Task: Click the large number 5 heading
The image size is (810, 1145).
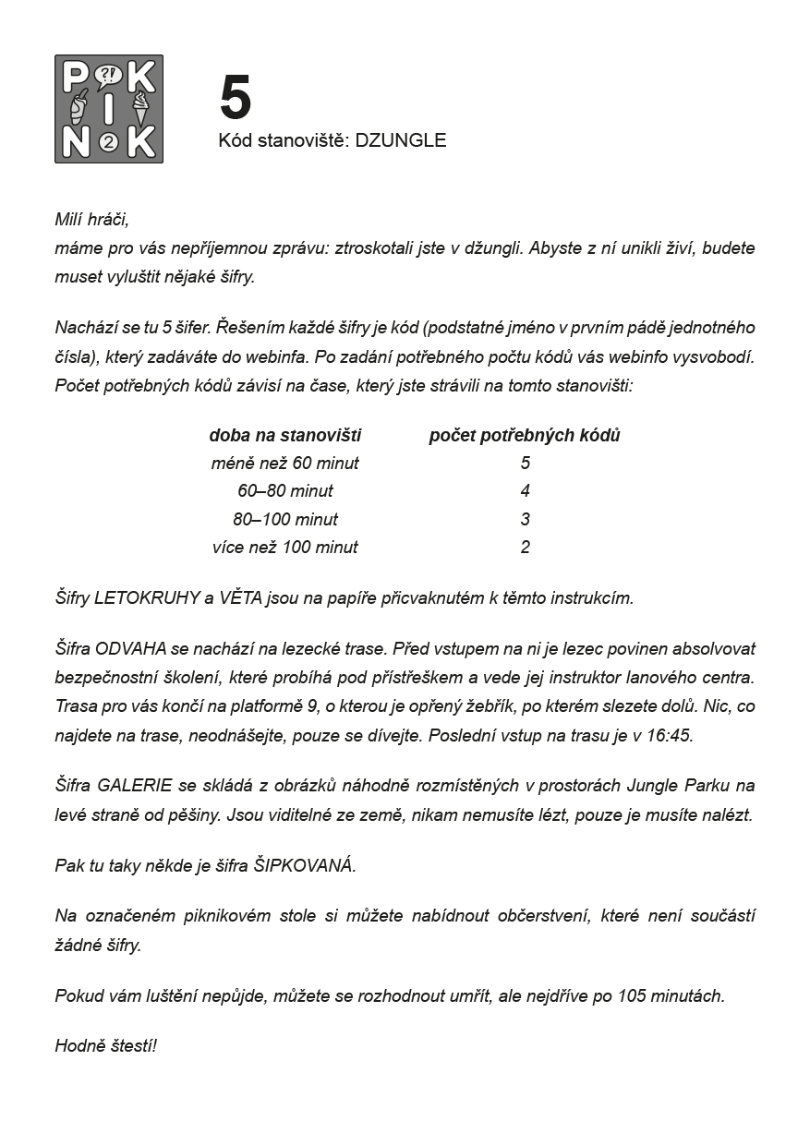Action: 236,98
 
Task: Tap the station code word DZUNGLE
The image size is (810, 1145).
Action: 401,140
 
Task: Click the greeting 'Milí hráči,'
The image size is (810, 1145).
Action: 92,220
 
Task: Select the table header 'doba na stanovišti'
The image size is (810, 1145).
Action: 285,435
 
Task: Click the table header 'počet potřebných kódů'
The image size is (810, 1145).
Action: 525,435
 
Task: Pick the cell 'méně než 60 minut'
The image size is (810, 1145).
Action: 285,463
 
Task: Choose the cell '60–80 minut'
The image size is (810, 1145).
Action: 285,490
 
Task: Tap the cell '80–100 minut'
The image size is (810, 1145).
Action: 285,519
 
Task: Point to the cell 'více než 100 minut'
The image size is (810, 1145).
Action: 285,547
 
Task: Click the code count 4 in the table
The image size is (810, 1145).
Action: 526,490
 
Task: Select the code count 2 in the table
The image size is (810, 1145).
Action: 526,547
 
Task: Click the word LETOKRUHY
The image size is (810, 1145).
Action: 148,597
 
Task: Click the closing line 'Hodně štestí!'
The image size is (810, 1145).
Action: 106,1046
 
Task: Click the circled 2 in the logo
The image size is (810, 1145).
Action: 109,141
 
